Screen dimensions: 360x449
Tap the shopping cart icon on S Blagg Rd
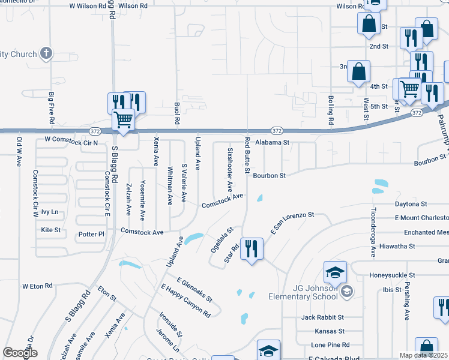[x=123, y=119]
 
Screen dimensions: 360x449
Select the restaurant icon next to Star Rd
[x=252, y=248]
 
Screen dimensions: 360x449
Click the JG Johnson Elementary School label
[x=315, y=292]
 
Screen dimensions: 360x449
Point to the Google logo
[x=20, y=352]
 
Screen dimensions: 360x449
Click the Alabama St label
[x=272, y=143]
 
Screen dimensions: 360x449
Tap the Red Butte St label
[x=247, y=155]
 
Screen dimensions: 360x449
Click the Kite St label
[x=50, y=230]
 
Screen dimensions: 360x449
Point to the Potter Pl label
[x=91, y=234]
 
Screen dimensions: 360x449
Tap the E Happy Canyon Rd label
[x=185, y=301]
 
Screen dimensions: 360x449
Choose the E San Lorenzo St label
[x=293, y=223]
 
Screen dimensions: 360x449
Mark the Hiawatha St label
[x=395, y=246]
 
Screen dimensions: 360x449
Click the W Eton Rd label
[x=37, y=286]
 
